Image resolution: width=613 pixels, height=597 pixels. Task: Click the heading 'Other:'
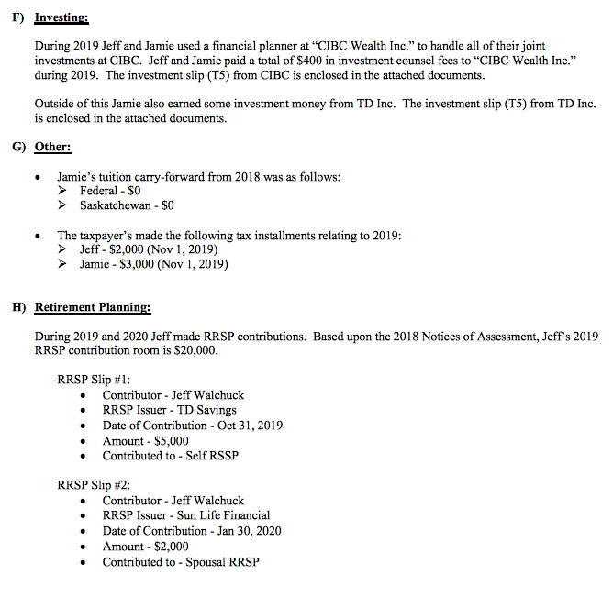[52, 147]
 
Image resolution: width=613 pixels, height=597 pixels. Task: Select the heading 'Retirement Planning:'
[93, 307]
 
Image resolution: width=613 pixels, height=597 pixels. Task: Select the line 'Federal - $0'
[110, 191]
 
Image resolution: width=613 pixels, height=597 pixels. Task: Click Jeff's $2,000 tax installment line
[150, 250]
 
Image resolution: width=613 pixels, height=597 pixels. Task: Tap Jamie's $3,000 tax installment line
[154, 265]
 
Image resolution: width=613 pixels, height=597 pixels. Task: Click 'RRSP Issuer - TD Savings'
[169, 410]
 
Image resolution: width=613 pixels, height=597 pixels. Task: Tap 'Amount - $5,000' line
[146, 440]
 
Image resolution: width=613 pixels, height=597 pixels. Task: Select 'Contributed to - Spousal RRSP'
[181, 561]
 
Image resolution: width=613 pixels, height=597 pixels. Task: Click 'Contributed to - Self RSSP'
[171, 456]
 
